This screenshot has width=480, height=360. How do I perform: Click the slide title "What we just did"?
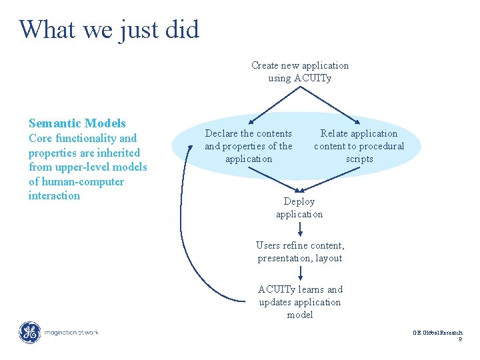pos(109,29)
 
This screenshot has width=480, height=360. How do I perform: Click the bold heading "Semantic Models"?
pos(77,123)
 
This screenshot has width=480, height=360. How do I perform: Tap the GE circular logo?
pos(29,332)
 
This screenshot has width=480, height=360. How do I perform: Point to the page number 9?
pos(460,340)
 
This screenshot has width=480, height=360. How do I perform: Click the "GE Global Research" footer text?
pos(437,332)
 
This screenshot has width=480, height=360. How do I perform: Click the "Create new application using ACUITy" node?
pos(300,72)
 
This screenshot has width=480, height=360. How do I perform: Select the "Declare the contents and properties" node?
pos(249,146)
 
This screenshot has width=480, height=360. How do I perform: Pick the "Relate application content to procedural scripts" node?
pos(359,146)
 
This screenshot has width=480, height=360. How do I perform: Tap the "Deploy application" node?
pos(299,207)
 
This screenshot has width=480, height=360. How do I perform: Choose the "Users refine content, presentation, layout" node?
pos(300,252)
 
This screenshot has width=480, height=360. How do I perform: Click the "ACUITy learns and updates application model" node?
pos(300,302)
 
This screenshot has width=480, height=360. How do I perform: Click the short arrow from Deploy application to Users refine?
pos(300,229)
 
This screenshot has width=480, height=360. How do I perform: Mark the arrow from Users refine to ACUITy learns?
pos(300,273)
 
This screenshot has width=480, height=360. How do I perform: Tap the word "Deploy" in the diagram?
pos(299,201)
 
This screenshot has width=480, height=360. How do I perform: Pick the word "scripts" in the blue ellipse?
pos(359,159)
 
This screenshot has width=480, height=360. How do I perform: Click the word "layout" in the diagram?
pos(328,258)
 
